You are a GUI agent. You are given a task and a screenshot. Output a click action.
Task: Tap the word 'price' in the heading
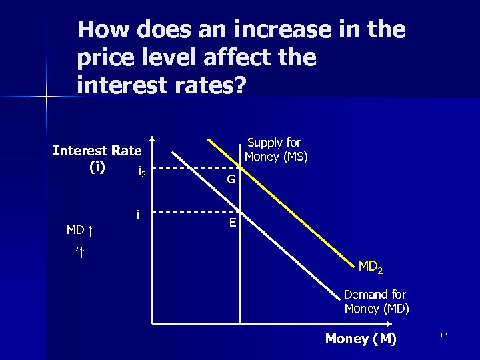tap(105, 58)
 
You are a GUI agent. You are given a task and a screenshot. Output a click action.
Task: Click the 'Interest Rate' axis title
tap(97, 151)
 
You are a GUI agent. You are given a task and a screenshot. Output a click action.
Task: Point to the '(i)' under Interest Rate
tap(97, 167)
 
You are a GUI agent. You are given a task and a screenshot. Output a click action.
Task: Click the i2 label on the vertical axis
tap(141, 172)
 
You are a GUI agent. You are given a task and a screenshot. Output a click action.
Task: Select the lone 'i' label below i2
tap(137, 214)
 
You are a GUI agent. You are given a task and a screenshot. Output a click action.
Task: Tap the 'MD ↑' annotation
tap(79, 231)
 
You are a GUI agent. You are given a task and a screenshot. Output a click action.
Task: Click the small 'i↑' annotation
tap(79, 251)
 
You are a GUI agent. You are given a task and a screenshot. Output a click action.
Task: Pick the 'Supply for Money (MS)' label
tap(275, 149)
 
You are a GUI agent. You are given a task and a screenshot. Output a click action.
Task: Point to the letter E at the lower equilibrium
tap(232, 223)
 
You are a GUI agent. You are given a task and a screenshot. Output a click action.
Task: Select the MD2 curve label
tap(370, 267)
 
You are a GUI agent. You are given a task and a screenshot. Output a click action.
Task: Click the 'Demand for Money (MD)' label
tap(376, 301)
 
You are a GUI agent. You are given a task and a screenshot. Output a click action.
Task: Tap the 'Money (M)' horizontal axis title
tap(361, 339)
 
